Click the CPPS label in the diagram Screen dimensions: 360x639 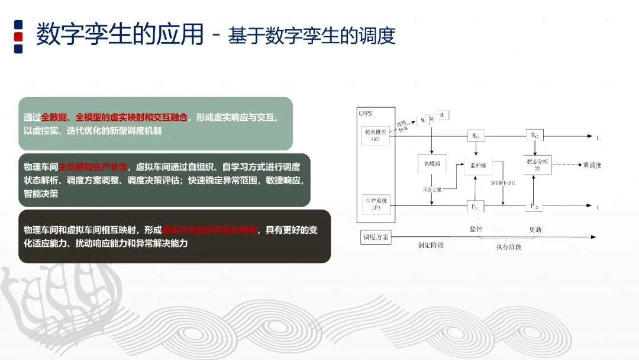pyautogui.click(x=365, y=112)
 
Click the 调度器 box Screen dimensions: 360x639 pyautogui.click(x=430, y=163)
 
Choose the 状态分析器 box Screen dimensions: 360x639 pyautogui.click(x=537, y=164)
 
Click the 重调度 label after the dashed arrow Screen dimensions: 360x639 pyautogui.click(x=592, y=165)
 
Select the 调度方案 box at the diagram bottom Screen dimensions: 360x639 pyautogui.click(x=376, y=237)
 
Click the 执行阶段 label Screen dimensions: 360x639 pyautogui.click(x=509, y=247)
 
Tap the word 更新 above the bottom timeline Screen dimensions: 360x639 pyautogui.click(x=535, y=230)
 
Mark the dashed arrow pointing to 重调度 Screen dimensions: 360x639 pyautogui.click(x=566, y=165)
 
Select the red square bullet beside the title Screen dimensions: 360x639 pyautogui.click(x=18, y=36)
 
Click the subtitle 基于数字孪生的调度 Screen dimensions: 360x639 pyautogui.click(x=311, y=36)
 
